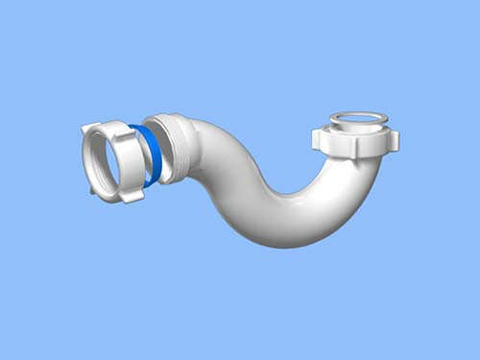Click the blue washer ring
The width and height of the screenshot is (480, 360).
pos(152,154)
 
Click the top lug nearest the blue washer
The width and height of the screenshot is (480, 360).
pos(124,128)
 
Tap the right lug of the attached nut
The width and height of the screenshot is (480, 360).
pos(392,139)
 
